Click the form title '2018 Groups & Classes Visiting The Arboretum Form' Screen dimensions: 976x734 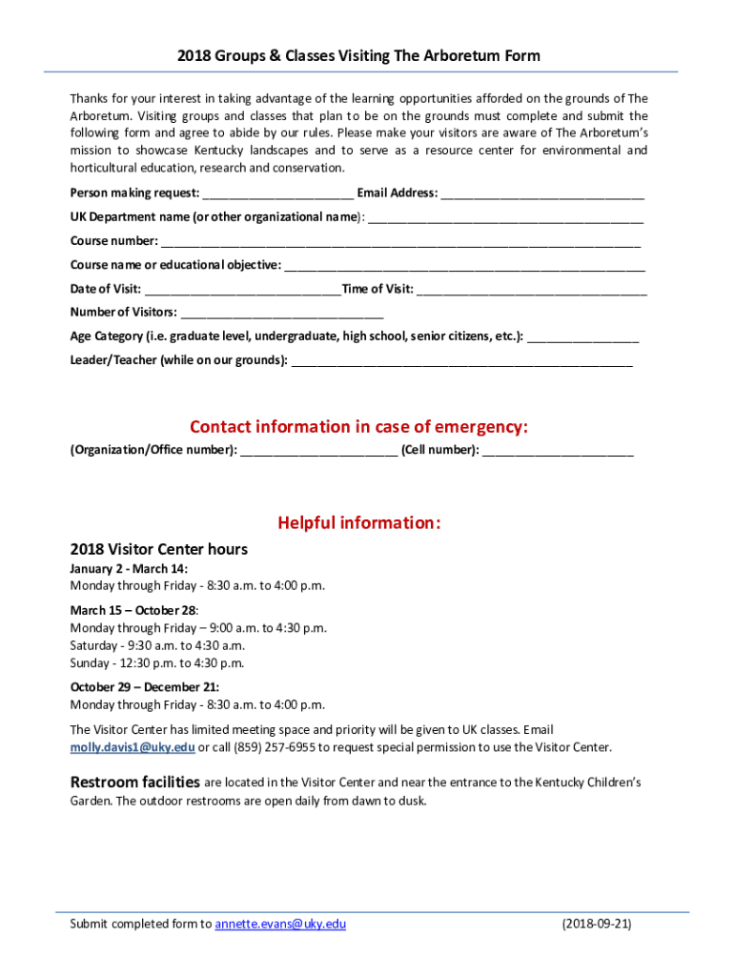pyautogui.click(x=358, y=55)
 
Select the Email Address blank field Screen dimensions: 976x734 pyautogui.click(x=542, y=193)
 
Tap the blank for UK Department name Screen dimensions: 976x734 pyautogui.click(x=505, y=217)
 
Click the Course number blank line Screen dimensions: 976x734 pyautogui.click(x=400, y=241)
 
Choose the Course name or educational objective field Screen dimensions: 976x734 pyautogui.click(x=464, y=265)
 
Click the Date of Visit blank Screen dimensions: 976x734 pyautogui.click(x=243, y=289)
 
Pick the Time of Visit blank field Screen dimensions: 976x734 pyautogui.click(x=532, y=289)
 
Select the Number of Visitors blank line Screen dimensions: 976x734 pyautogui.click(x=282, y=313)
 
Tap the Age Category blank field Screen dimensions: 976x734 pyautogui.click(x=582, y=336)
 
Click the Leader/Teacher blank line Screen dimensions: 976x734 pyautogui.click(x=461, y=360)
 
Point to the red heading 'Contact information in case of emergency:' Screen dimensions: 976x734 pyautogui.click(x=358, y=426)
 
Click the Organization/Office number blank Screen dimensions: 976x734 pyautogui.click(x=319, y=450)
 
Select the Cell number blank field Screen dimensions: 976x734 pyautogui.click(x=558, y=450)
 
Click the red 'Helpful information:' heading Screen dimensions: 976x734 pyautogui.click(x=358, y=522)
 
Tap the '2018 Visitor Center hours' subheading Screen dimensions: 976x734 pyautogui.click(x=159, y=549)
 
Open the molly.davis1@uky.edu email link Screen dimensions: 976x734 pyautogui.click(x=133, y=747)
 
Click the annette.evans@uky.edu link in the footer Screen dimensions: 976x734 pyautogui.click(x=280, y=924)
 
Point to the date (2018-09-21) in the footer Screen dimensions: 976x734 pyautogui.click(x=597, y=924)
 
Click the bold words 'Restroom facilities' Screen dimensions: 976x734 pyautogui.click(x=135, y=782)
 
